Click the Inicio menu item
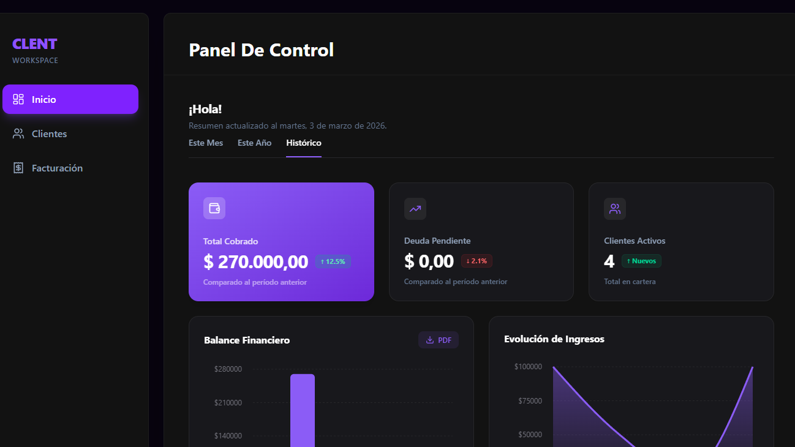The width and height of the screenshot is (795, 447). coord(70,99)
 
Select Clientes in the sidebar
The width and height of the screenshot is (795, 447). coord(49,133)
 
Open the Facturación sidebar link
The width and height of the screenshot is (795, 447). coord(56,168)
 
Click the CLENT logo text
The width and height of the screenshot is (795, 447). coord(34,44)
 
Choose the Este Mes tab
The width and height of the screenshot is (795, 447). coord(206,143)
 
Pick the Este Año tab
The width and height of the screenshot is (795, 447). coord(254,143)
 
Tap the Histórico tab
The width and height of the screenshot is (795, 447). coord(304,143)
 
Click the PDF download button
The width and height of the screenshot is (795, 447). coord(439,340)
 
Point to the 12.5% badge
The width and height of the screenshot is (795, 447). coord(333,261)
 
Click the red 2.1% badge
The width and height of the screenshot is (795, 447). coord(477,261)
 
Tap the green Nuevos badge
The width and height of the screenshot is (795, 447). coord(641,261)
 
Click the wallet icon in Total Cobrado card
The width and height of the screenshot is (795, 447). coord(214,208)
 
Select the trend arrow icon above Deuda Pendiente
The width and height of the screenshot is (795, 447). coord(415,209)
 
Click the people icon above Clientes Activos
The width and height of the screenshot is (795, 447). coord(615,209)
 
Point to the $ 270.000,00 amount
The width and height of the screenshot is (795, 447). coord(255,262)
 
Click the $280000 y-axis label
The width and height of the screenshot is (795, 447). coord(228,369)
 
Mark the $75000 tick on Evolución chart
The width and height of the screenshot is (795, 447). coord(528,401)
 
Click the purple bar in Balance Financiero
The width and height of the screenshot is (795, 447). coord(303,410)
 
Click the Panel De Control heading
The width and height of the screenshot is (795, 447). coord(262,50)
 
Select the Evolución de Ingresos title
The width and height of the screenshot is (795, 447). coord(554,339)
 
